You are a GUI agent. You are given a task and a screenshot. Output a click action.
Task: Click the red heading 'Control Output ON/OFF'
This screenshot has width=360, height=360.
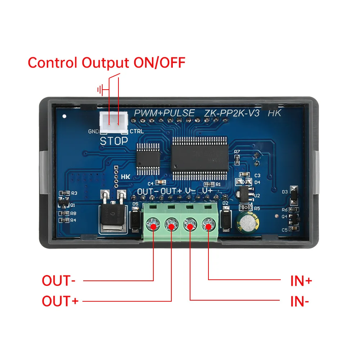pyautogui.click(x=106, y=63)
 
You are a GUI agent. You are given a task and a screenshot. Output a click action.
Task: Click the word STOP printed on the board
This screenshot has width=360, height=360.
pyautogui.click(x=113, y=141)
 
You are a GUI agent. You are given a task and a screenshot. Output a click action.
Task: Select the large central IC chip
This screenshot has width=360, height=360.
pyautogui.click(x=199, y=158)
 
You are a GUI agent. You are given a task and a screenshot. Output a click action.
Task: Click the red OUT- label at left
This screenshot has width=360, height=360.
pyautogui.click(x=59, y=280)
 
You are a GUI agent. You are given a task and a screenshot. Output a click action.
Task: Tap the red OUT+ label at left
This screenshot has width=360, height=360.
pyautogui.click(x=60, y=301)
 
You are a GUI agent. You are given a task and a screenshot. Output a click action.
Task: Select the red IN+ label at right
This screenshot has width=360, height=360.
pyautogui.click(x=301, y=280)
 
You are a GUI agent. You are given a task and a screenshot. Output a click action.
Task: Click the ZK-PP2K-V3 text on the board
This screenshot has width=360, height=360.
pyautogui.click(x=232, y=113)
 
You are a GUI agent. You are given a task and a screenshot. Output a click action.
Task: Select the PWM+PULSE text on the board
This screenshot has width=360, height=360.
pyautogui.click(x=164, y=113)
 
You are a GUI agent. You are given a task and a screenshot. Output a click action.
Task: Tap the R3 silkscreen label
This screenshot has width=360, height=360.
pyautogui.click(x=74, y=193)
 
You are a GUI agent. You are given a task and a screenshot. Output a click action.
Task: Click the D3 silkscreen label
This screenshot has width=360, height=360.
pyautogui.click(x=285, y=192)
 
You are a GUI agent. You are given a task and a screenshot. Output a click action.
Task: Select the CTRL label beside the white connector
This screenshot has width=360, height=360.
pyautogui.click(x=136, y=131)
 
